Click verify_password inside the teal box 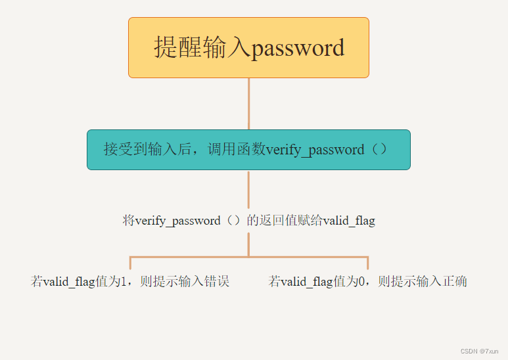coord(315,150)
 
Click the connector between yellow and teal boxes coord(248,103)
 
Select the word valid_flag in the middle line coord(348,221)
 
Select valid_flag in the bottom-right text coord(307,282)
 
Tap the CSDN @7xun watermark coord(480,351)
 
